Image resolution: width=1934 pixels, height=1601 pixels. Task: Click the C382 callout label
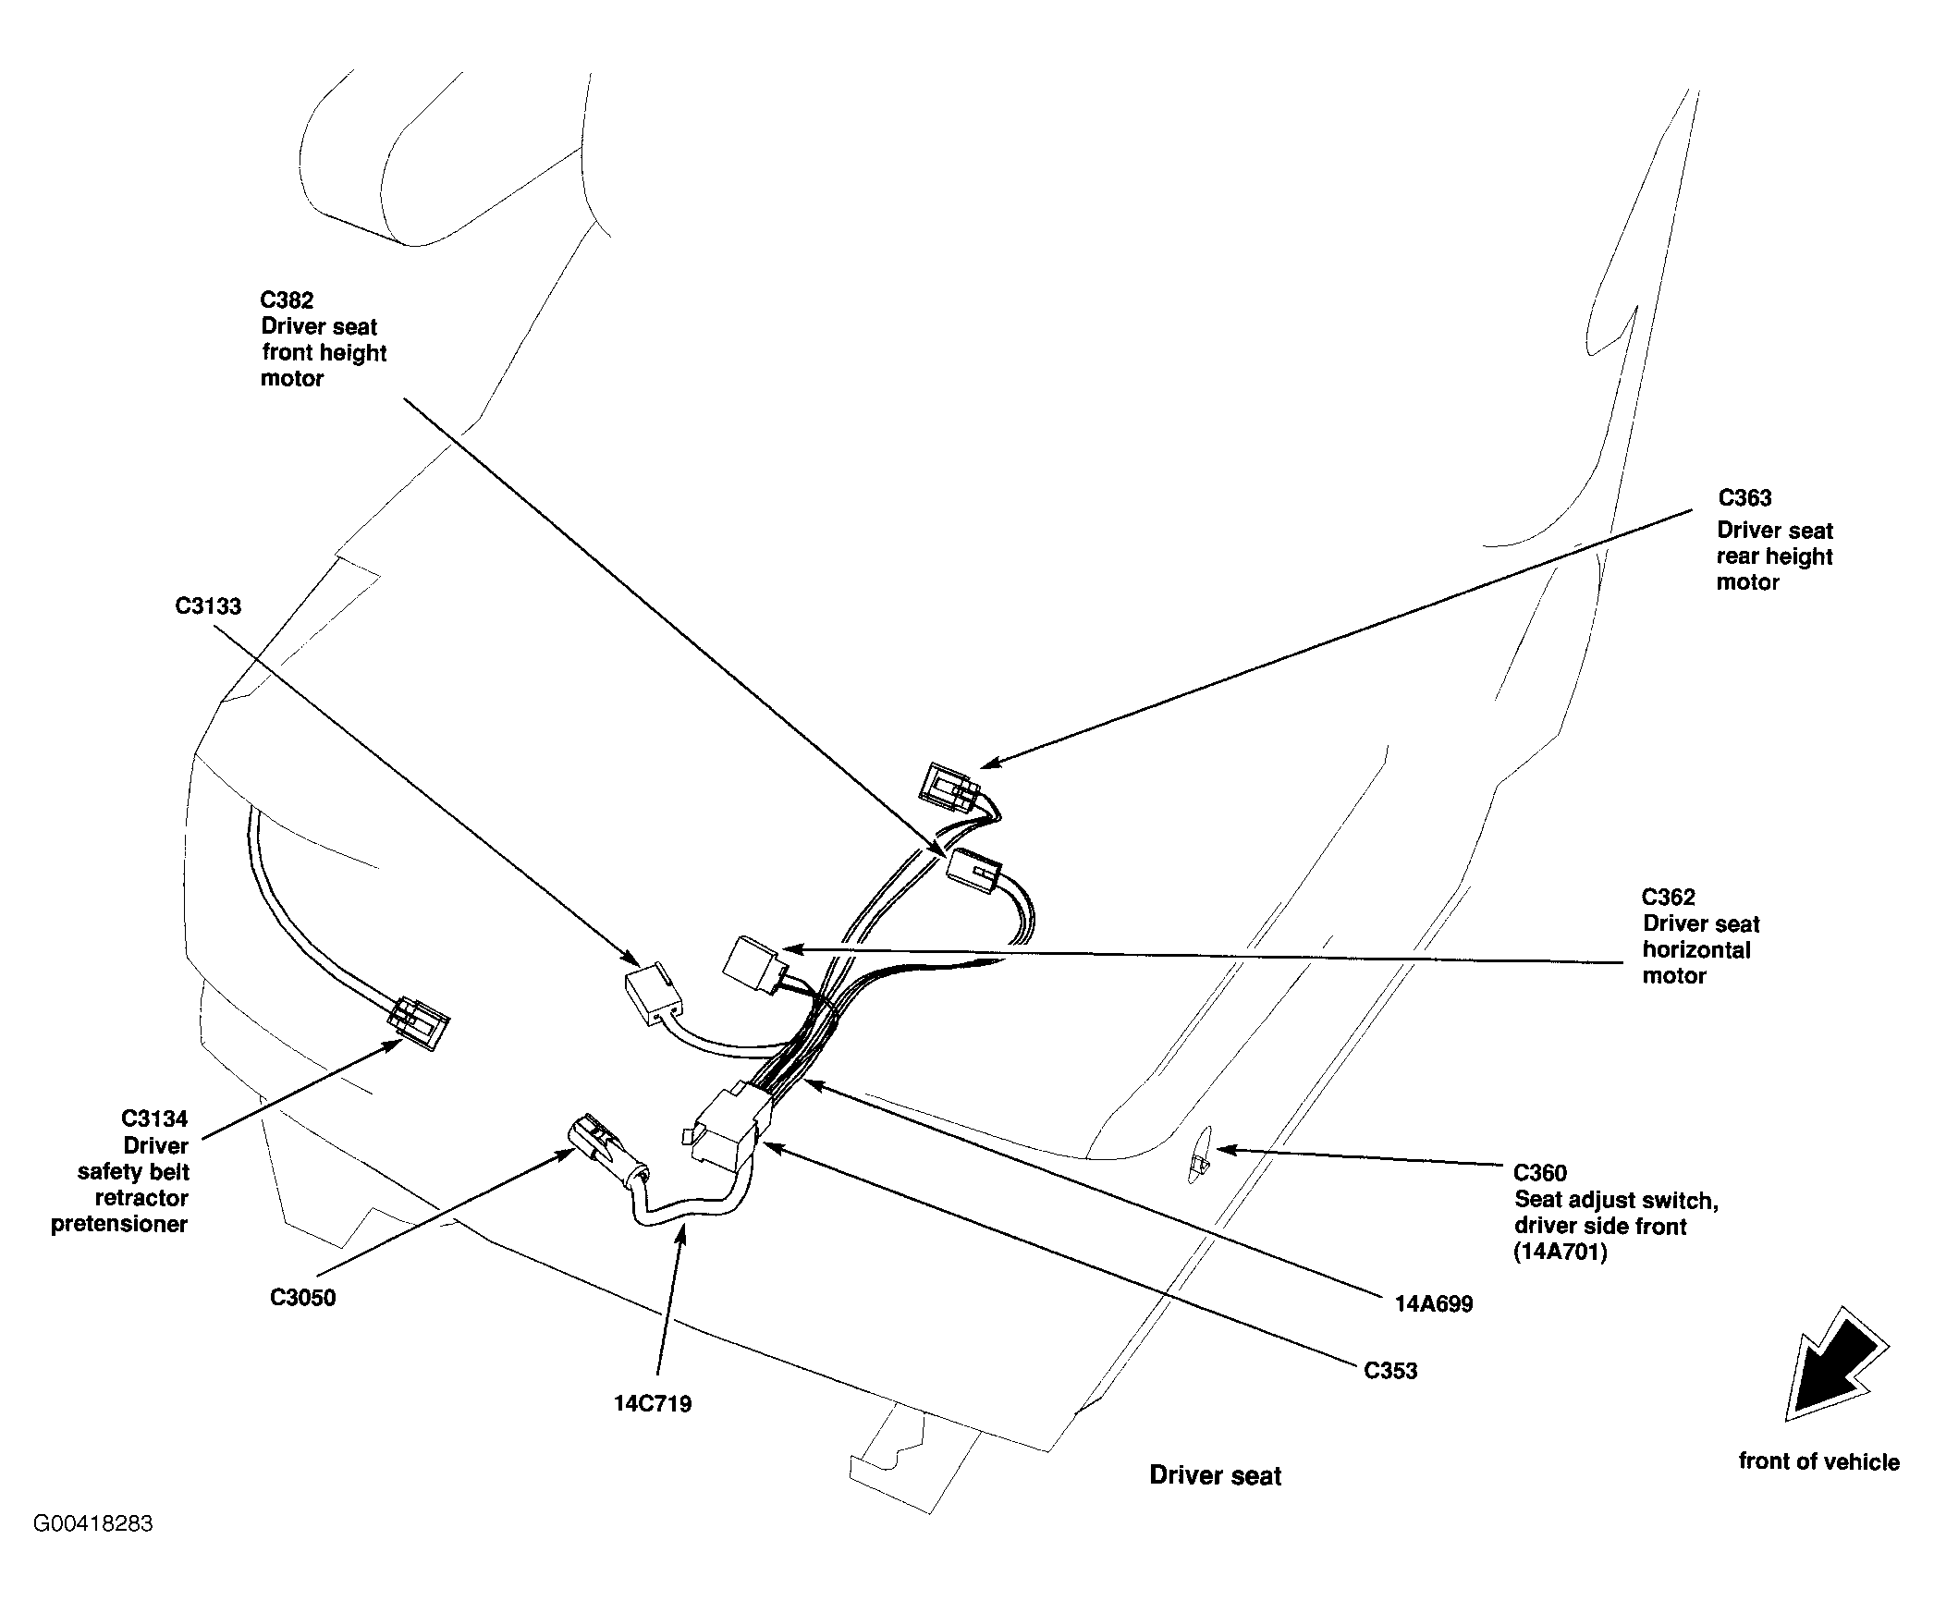click(288, 300)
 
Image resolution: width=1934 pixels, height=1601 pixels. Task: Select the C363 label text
click(1745, 498)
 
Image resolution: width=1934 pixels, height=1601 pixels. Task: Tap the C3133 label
click(208, 606)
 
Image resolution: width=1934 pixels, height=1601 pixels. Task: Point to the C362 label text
click(1669, 898)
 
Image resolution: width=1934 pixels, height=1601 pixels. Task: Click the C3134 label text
click(154, 1119)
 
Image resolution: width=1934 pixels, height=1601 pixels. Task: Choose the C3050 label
click(303, 1298)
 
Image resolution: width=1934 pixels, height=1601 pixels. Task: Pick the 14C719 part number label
click(653, 1404)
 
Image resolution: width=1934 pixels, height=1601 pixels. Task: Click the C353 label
click(1391, 1371)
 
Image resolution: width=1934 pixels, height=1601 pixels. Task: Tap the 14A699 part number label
click(1434, 1304)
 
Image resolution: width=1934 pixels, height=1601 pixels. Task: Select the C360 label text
click(1540, 1174)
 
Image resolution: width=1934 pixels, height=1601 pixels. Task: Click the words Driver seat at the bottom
click(1216, 1476)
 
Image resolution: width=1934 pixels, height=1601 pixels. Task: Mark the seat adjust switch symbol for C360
click(1197, 1153)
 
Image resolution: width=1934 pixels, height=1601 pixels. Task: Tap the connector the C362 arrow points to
click(755, 964)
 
